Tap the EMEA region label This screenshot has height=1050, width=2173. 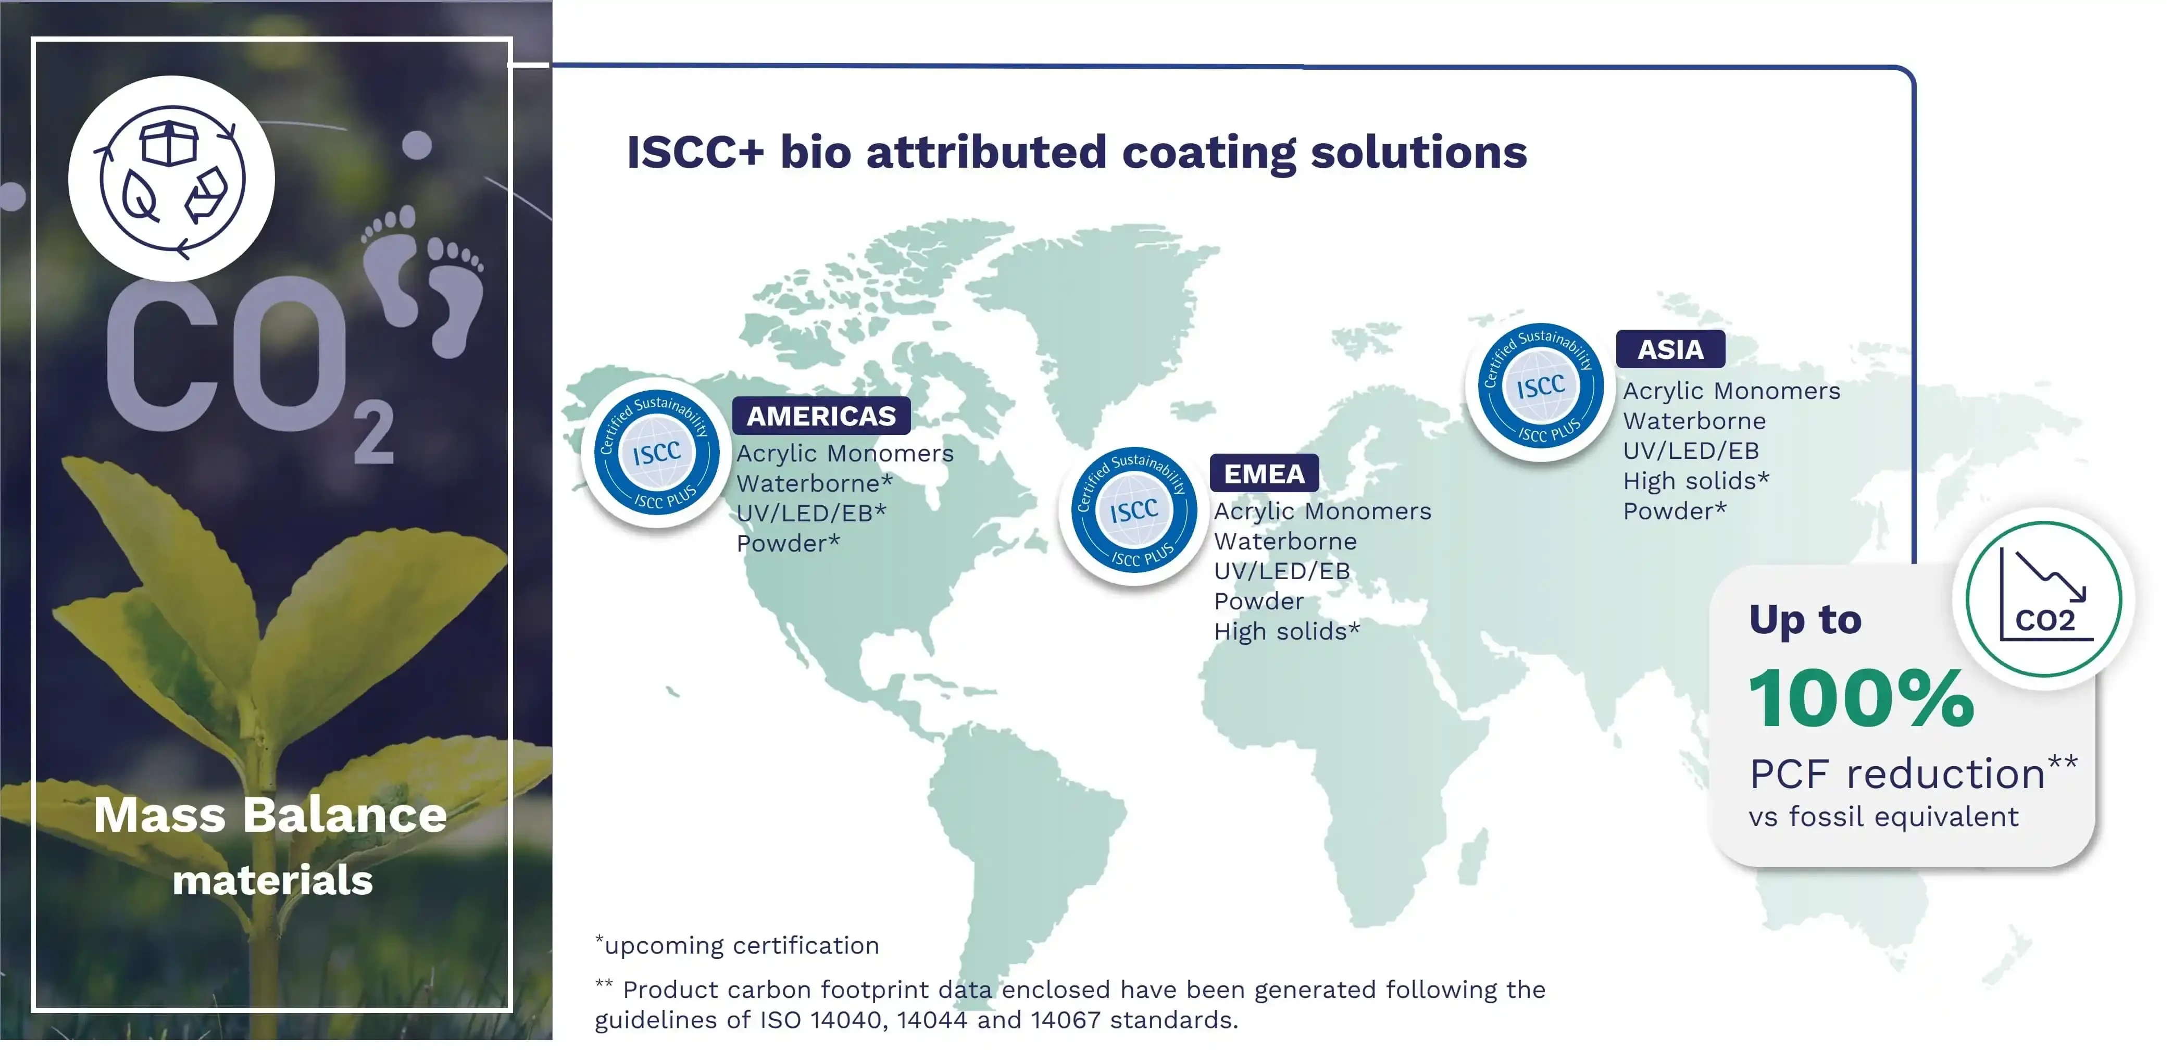[1264, 474]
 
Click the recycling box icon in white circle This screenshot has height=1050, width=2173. [171, 179]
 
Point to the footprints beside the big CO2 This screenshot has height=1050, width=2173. [426, 278]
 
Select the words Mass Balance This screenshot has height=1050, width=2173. [270, 815]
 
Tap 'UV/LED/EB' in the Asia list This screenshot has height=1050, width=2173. [1691, 451]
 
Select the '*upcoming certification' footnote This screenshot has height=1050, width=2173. [736, 945]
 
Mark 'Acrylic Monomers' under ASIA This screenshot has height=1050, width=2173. [1731, 391]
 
